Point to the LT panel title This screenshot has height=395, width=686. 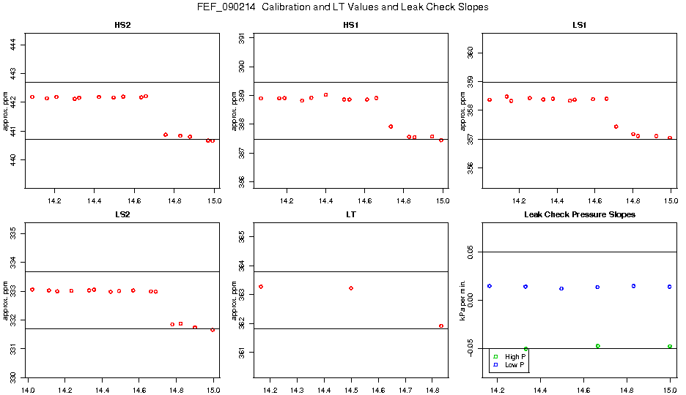pyautogui.click(x=351, y=214)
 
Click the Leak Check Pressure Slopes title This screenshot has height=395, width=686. pyautogui.click(x=579, y=214)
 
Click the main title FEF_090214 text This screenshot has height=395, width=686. pyautogui.click(x=342, y=7)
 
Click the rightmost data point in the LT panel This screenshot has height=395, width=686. pyautogui.click(x=441, y=326)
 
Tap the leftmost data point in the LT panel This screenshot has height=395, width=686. pyautogui.click(x=261, y=287)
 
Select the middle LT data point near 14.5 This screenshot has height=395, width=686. pyautogui.click(x=351, y=288)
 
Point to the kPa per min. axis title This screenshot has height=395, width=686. pyautogui.click(x=462, y=300)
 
